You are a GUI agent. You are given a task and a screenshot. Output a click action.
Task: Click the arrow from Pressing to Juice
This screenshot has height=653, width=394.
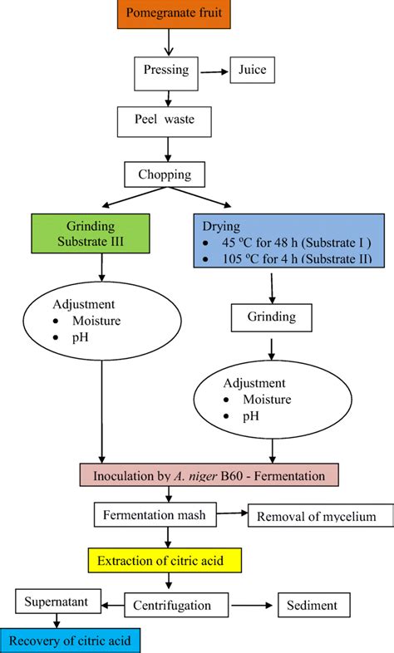pos(215,72)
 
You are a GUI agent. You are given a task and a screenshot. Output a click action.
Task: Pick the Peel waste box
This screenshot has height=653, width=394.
pos(169,122)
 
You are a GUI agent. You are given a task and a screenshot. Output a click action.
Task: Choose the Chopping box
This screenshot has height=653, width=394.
pos(169,175)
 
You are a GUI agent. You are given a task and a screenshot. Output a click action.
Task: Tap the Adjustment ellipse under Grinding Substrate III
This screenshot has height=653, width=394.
pos(102,319)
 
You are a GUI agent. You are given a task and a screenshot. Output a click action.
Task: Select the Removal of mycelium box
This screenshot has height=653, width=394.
pos(317,517)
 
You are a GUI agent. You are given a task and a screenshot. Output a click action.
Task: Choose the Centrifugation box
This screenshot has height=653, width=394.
pos(179,605)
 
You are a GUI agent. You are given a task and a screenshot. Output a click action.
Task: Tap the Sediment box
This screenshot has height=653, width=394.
pos(312,605)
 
